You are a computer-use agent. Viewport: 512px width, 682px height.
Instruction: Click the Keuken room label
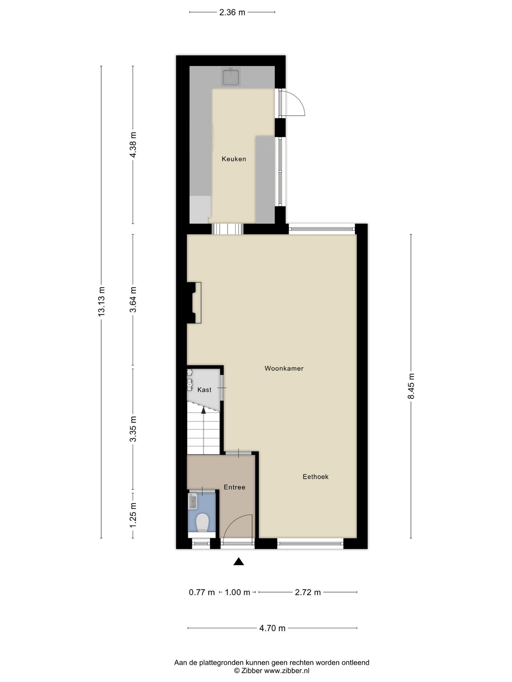click(234, 159)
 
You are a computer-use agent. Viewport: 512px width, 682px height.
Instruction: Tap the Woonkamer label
click(284, 368)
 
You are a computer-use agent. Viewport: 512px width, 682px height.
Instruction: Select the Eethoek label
click(315, 477)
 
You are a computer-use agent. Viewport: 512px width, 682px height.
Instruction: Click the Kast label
click(204, 390)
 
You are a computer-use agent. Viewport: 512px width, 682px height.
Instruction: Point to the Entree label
click(234, 487)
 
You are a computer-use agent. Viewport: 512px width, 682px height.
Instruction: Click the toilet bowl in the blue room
click(202, 523)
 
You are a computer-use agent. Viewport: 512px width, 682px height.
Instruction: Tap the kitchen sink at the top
click(231, 77)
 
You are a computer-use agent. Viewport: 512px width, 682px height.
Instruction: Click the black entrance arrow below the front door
click(239, 562)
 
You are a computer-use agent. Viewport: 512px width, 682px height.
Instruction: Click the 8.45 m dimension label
click(411, 386)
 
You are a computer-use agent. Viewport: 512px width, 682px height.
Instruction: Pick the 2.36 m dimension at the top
click(232, 12)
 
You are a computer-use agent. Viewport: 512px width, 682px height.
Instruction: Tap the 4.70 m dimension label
click(272, 628)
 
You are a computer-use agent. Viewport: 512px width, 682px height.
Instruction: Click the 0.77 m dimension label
click(202, 592)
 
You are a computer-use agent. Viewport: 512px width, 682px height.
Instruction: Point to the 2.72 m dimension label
click(308, 592)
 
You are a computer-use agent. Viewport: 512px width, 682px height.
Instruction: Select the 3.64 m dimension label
click(133, 299)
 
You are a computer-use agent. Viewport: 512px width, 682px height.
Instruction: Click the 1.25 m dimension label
click(133, 515)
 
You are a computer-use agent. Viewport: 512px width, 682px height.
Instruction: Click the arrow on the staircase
click(203, 411)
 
